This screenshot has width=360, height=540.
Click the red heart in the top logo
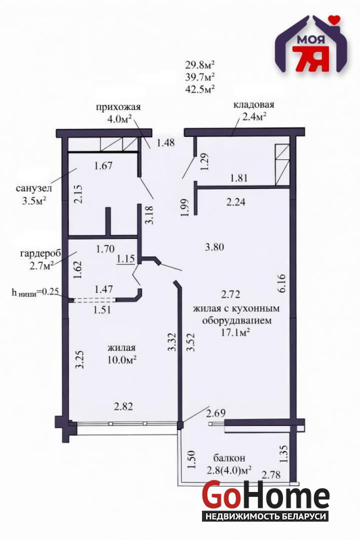(334, 19)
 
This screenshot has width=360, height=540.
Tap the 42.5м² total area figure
(200, 89)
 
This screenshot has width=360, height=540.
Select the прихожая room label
(118, 107)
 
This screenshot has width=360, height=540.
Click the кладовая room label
(253, 105)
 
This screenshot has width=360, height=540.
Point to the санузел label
(34, 188)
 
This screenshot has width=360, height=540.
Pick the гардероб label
(41, 254)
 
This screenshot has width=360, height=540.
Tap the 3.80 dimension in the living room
(214, 247)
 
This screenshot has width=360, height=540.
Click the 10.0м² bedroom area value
(122, 359)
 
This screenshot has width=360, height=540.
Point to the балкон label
(229, 458)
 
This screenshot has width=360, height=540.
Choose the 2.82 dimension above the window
(124, 407)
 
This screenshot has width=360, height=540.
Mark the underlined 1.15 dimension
(126, 259)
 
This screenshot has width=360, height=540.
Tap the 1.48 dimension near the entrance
(165, 142)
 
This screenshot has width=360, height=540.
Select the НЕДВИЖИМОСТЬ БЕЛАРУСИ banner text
(265, 516)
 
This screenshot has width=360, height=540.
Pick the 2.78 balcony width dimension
(271, 475)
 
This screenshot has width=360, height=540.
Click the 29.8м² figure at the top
(200, 64)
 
